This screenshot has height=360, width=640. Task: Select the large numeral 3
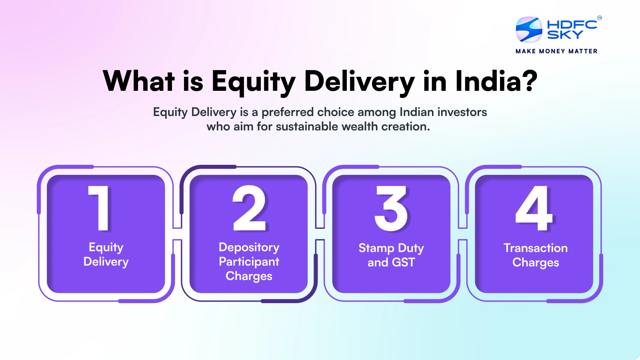tap(391, 208)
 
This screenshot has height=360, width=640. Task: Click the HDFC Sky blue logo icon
tap(529, 30)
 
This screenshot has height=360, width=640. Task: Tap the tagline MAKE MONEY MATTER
tap(556, 51)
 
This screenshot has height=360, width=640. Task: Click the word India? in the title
tap(496, 81)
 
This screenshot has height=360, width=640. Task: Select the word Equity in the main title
tap(253, 82)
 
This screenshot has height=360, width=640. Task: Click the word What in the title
tap(139, 81)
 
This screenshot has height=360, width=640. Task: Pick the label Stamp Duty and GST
tap(391, 255)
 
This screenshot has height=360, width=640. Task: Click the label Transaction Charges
tap(536, 255)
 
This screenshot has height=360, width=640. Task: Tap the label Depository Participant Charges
tap(249, 262)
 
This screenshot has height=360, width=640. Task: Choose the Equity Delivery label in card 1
tap(106, 254)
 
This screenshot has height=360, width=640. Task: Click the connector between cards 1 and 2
tap(177, 234)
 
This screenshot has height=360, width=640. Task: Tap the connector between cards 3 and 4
tap(463, 234)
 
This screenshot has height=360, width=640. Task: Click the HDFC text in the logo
tap(572, 24)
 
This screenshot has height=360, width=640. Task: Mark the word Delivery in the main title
tap(359, 82)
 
